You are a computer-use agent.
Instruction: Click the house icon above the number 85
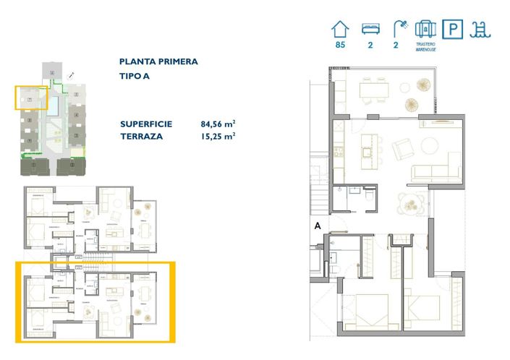tap(339, 29)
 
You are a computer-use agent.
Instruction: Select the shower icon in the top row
tap(398, 29)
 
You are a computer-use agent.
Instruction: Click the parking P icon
tap(453, 29)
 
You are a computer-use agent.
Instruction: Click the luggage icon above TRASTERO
tap(425, 29)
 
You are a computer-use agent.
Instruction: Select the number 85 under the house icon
tap(339, 46)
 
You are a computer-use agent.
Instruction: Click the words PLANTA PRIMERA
tap(158, 62)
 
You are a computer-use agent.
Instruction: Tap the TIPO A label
tap(135, 76)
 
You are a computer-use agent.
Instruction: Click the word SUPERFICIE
tap(146, 124)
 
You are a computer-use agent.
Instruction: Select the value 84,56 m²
tap(218, 124)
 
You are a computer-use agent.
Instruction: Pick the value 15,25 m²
tap(218, 135)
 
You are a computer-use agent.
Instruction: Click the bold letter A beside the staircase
tap(317, 225)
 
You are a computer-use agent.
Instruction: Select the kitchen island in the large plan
tap(369, 140)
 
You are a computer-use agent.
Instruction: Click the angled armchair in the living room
tap(401, 151)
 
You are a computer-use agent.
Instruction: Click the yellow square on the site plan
tap(31, 98)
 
